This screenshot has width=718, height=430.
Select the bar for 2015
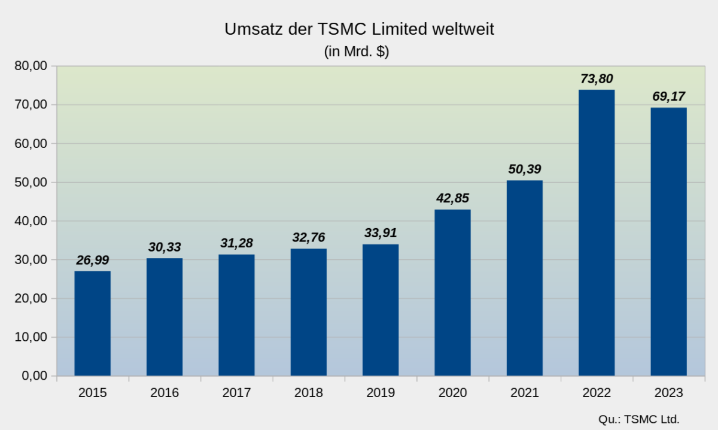[x=92, y=323]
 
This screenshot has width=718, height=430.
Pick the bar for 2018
[x=308, y=312]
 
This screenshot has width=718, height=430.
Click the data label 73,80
[x=597, y=78]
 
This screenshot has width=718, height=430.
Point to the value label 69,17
[x=668, y=96]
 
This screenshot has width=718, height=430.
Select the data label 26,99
[x=92, y=260]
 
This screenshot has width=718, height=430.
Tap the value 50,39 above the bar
[x=525, y=169]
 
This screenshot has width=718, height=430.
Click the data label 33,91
[x=381, y=233]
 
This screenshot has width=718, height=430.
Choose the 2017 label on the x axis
[x=236, y=393]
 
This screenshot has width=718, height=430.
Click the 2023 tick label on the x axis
[x=668, y=393]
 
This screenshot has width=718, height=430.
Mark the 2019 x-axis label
[x=381, y=393]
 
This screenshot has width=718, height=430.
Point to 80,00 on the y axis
[x=31, y=66]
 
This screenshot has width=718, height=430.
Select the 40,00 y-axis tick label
[x=31, y=221]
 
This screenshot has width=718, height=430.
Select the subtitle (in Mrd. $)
[x=357, y=52]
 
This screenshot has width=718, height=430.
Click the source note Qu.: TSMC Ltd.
[x=638, y=419]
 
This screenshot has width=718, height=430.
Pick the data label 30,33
[x=165, y=247]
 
